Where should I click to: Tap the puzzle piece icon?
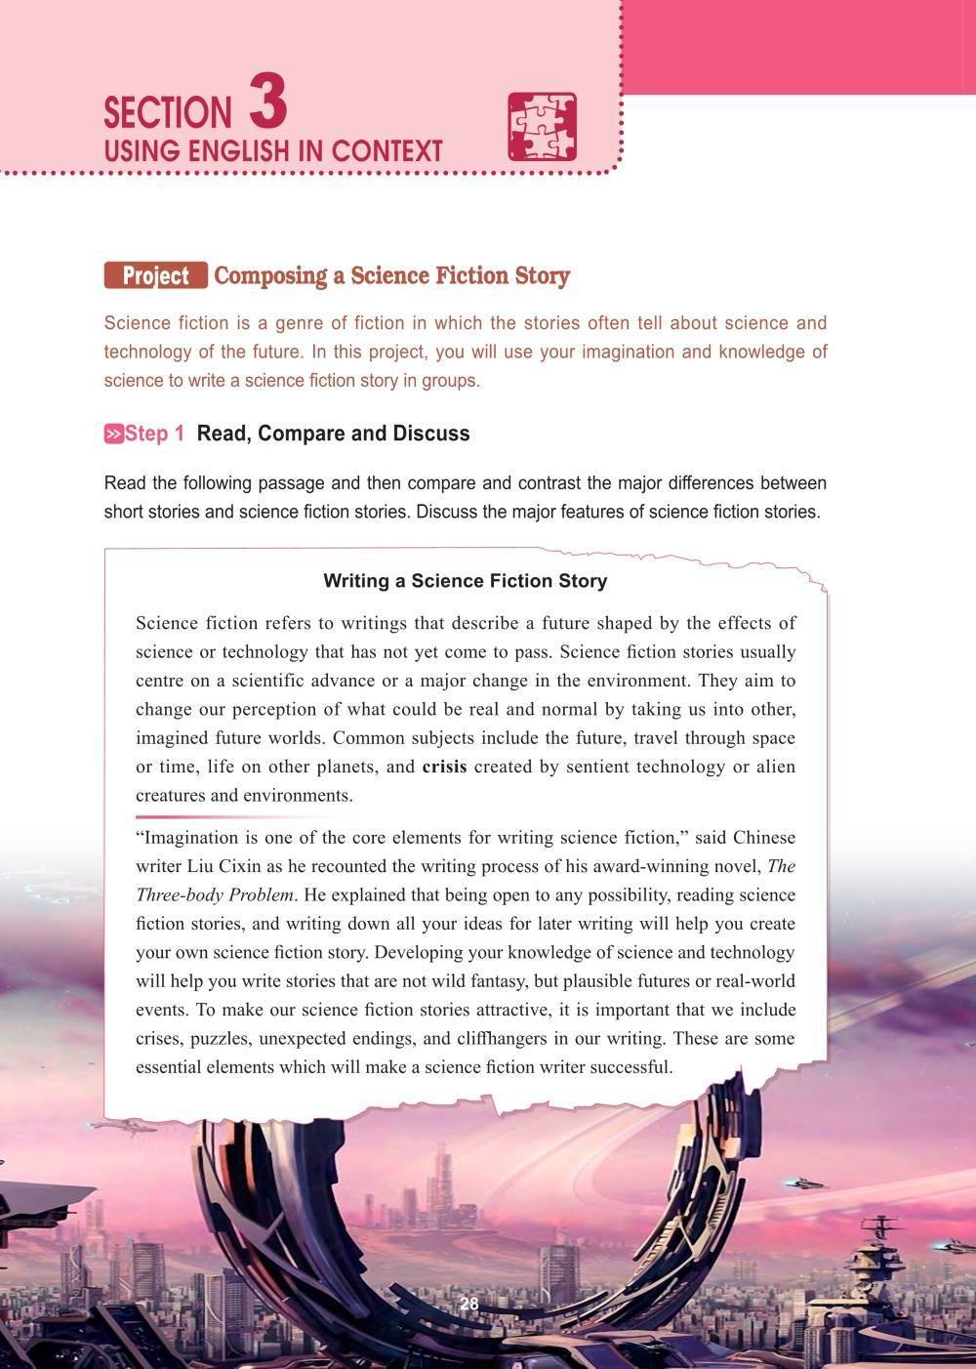coord(542,127)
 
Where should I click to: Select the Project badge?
coord(155,276)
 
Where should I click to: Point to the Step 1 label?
coord(154,434)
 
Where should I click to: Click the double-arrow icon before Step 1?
coord(113,435)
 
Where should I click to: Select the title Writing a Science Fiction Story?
coord(465,581)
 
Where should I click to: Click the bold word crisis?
coord(444,767)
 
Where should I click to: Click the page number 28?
coord(468,1305)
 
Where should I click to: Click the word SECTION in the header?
coord(168,113)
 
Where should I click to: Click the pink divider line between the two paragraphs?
coord(239,816)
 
